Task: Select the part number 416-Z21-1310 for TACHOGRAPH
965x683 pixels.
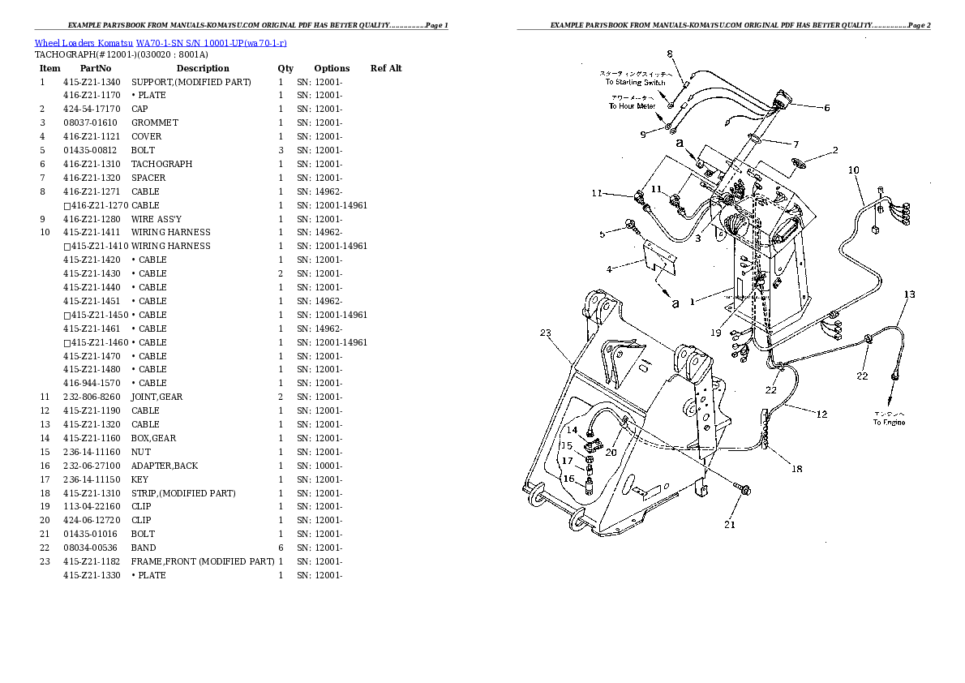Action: click(92, 164)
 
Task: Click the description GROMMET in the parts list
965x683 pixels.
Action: click(155, 122)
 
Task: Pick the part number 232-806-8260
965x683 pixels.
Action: click(92, 397)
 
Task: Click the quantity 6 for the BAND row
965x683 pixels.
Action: click(281, 548)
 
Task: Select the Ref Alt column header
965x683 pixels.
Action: click(386, 68)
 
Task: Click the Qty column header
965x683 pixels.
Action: click(285, 68)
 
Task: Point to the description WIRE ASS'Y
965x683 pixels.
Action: click(157, 219)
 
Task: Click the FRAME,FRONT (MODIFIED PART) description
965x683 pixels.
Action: click(203, 561)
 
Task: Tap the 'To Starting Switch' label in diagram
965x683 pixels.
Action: click(635, 82)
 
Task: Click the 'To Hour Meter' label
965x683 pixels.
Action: click(632, 106)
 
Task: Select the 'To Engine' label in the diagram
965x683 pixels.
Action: click(889, 423)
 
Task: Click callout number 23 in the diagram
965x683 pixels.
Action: click(546, 333)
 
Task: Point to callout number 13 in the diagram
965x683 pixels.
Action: click(909, 294)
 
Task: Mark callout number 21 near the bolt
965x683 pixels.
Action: click(730, 524)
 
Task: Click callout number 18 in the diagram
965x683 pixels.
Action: click(797, 469)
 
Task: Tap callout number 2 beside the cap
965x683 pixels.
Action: click(834, 150)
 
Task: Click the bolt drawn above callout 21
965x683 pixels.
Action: click(744, 490)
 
